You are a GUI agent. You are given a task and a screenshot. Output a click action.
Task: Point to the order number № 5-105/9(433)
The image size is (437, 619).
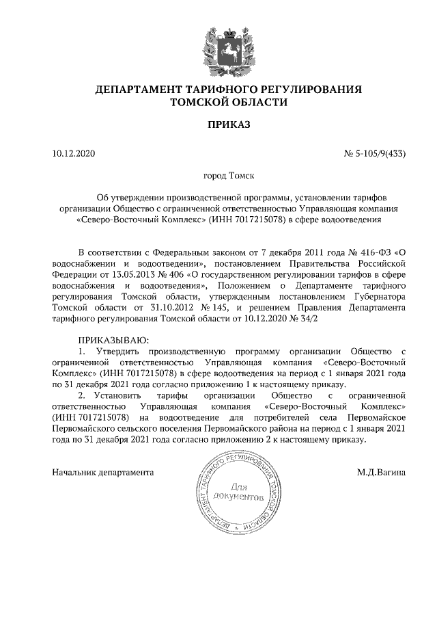pos(375,153)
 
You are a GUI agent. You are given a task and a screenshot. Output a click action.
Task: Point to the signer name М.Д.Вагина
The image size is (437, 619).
pos(381,473)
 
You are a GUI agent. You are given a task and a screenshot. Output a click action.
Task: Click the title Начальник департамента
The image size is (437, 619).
pos(103,473)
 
